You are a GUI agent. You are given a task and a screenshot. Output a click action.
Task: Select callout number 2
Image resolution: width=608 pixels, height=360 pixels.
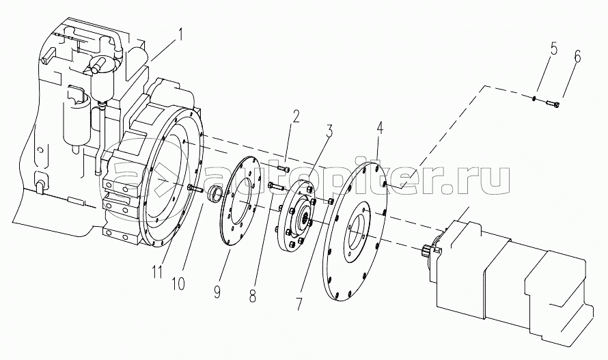click(x=296, y=116)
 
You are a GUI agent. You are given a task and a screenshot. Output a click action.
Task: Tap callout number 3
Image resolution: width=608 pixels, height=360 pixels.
click(x=329, y=130)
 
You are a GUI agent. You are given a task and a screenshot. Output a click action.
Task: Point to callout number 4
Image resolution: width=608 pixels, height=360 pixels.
click(x=379, y=127)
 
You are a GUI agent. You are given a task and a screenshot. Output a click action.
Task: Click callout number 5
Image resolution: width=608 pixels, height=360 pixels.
click(x=553, y=49)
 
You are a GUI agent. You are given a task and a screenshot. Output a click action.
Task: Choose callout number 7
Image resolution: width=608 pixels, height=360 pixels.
click(x=298, y=303)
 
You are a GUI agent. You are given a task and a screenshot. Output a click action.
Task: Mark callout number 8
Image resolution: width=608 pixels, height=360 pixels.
click(x=253, y=296)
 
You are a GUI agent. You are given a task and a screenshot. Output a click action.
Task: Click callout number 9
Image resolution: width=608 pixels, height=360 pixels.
click(x=217, y=291)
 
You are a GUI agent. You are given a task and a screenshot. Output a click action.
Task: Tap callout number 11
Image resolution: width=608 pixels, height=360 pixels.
click(x=156, y=273)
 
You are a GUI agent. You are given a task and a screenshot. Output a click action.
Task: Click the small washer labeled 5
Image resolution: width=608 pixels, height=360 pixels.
click(x=534, y=98)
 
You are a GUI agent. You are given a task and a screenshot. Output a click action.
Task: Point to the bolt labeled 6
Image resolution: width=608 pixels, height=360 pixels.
click(x=552, y=104)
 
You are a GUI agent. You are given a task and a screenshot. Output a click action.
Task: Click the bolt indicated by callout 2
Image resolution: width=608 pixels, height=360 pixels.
click(x=284, y=169)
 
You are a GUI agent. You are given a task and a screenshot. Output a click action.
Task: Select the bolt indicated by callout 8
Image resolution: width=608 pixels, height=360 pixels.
click(x=276, y=186)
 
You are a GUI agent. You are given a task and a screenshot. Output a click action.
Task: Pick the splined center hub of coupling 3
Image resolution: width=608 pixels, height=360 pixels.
click(x=305, y=218)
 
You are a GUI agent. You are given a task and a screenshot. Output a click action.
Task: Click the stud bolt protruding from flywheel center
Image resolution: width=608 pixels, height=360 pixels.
click(x=195, y=189)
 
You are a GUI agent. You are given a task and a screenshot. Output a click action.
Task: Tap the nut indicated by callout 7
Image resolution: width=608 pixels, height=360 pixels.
click(x=331, y=201)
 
